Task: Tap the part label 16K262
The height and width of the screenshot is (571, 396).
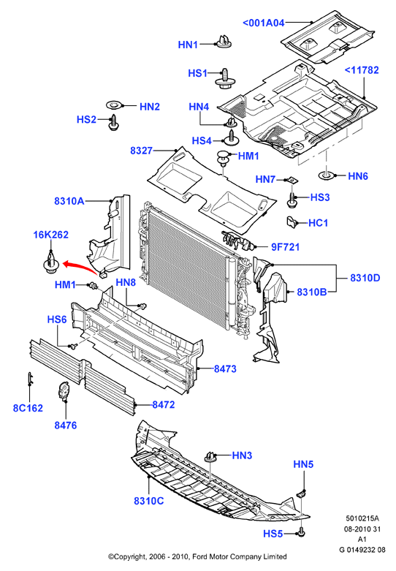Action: click(x=51, y=235)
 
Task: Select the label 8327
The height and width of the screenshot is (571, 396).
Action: click(x=142, y=151)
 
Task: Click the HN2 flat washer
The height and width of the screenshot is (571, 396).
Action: click(x=114, y=105)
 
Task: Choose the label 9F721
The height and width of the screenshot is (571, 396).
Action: click(x=286, y=247)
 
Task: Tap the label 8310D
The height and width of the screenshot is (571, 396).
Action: click(x=365, y=278)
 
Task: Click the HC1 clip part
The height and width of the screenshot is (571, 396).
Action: click(x=292, y=222)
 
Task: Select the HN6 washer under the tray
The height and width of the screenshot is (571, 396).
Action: click(x=326, y=176)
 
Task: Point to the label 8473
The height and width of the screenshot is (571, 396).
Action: click(x=225, y=369)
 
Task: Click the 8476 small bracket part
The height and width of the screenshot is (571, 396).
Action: click(x=64, y=390)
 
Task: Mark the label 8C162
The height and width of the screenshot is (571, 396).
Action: click(x=28, y=408)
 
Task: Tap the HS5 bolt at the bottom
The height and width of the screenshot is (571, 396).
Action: click(x=301, y=532)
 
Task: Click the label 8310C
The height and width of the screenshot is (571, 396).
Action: click(x=149, y=501)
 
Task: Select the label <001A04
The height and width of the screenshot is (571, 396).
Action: click(x=264, y=23)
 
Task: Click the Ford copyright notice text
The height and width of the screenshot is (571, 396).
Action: click(x=197, y=556)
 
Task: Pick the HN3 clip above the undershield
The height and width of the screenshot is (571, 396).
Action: click(x=210, y=456)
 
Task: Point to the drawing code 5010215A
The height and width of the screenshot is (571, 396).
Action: click(x=362, y=518)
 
